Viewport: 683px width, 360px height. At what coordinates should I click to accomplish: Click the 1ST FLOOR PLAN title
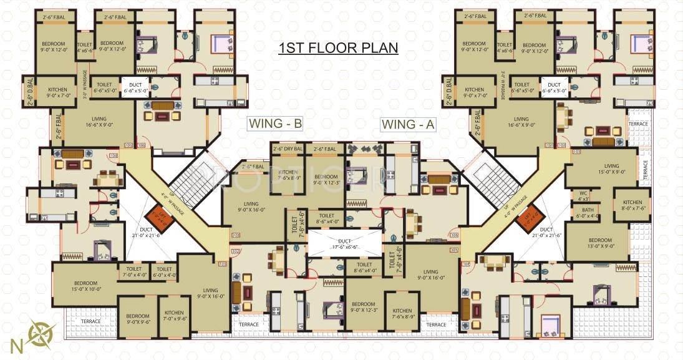click(338, 49)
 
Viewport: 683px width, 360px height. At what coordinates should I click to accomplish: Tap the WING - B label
click(275, 124)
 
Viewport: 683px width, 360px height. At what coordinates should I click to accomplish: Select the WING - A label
click(408, 125)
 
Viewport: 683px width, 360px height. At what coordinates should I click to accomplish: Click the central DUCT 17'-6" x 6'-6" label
click(345, 243)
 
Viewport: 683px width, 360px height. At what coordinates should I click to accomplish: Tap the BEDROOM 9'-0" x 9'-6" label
click(138, 319)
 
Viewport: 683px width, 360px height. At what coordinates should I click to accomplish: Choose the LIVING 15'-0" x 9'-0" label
click(602, 168)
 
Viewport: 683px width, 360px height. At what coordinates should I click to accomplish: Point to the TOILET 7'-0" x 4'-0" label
click(134, 272)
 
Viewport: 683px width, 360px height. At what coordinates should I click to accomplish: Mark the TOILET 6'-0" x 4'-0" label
click(165, 272)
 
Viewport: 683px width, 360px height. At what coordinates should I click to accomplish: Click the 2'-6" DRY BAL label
click(288, 149)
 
